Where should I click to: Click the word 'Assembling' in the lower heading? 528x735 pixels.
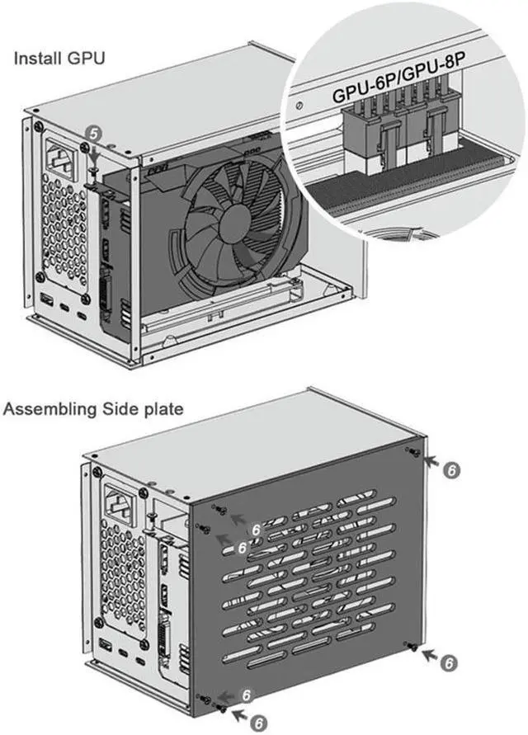(x=49, y=408)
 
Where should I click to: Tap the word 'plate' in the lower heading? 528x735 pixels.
(x=163, y=408)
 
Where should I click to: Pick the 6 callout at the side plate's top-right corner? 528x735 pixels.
(x=450, y=469)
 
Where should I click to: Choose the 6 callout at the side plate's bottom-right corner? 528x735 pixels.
(x=447, y=662)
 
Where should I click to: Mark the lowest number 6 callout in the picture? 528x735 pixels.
(x=259, y=723)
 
